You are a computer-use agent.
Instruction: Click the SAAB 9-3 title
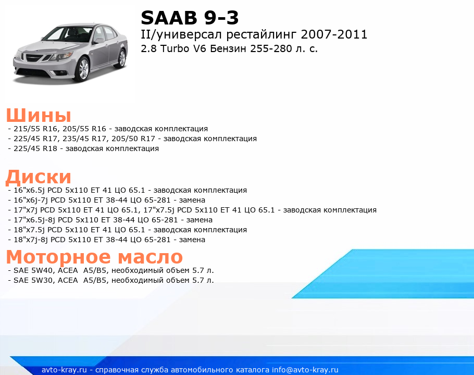pos(190,18)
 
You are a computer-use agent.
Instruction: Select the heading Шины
pos(39,115)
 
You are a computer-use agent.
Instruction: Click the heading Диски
pos(39,177)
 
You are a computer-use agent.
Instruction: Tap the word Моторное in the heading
pos(58,257)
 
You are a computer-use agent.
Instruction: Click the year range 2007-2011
pos(334,34)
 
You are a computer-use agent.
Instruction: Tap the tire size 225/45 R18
pos(35,148)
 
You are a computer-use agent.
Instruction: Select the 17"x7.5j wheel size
pos(159,210)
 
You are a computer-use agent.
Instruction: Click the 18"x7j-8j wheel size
pos(31,240)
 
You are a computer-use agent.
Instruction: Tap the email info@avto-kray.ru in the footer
pos(305,370)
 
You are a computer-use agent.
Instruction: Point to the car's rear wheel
pos(122,58)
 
